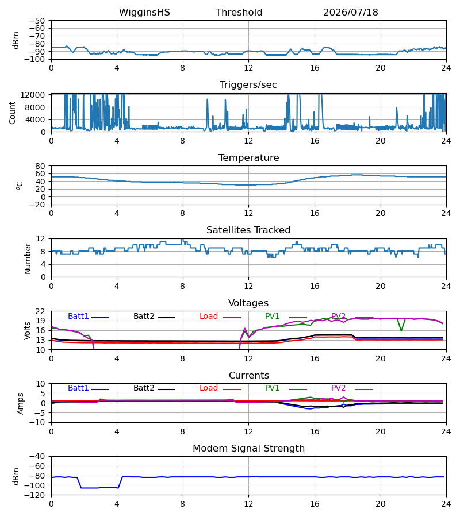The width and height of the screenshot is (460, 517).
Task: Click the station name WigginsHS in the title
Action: point(144,13)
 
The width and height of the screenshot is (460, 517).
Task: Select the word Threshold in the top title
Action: point(239,13)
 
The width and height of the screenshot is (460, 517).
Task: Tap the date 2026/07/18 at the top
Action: point(350,13)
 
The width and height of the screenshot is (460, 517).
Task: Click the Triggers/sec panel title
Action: point(248,85)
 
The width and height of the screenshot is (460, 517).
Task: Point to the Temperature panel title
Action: point(248,157)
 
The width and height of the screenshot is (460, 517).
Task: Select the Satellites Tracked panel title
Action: point(248,230)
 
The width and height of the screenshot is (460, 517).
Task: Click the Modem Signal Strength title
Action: point(248,449)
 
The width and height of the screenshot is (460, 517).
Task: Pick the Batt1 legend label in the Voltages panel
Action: point(78,316)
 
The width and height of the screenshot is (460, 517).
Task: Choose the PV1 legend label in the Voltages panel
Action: point(272,316)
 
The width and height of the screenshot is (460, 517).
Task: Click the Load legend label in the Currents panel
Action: point(209,388)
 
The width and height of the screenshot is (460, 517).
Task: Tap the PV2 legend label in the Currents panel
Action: point(338,388)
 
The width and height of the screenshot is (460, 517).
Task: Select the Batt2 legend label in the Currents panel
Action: point(144,388)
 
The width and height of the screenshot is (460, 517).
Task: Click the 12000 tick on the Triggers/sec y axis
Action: point(33,95)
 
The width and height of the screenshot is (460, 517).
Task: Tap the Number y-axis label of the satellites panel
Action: point(28,258)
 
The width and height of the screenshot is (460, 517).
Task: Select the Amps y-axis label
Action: point(21,404)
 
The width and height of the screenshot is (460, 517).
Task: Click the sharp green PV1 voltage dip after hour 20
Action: point(401,330)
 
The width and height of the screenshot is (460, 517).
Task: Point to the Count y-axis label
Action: point(13,113)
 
